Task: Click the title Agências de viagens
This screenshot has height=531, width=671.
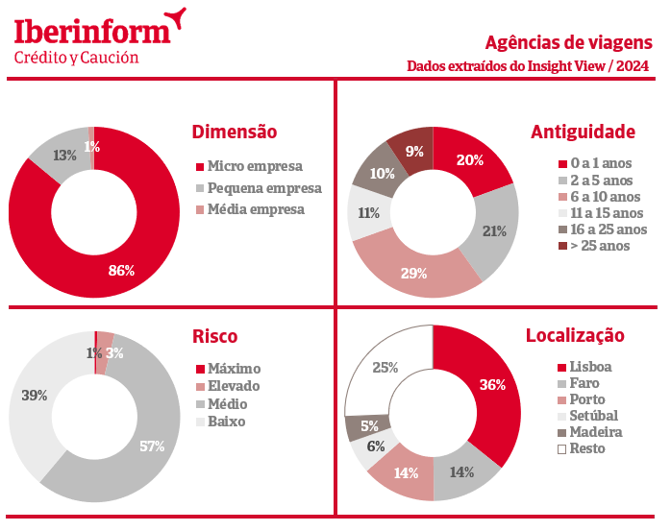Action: [568, 42]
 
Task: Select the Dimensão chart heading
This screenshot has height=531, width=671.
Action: [235, 132]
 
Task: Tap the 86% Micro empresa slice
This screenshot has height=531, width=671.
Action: [120, 270]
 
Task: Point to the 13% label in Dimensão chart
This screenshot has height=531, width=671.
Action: [65, 155]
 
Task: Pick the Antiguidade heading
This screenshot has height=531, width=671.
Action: [583, 132]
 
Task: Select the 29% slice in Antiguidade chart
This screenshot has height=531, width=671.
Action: [413, 274]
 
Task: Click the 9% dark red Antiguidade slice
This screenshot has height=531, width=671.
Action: [414, 151]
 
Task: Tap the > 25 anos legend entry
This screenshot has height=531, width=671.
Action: [600, 246]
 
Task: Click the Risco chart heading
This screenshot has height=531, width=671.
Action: [214, 336]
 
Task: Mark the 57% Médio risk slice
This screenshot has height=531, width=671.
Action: [152, 447]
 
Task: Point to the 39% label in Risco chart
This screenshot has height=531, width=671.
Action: [35, 396]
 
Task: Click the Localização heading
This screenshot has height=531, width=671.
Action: [575, 336]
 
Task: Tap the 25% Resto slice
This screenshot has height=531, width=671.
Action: [385, 367]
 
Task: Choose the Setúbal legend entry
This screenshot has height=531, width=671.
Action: [593, 416]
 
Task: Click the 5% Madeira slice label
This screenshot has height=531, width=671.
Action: [369, 425]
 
